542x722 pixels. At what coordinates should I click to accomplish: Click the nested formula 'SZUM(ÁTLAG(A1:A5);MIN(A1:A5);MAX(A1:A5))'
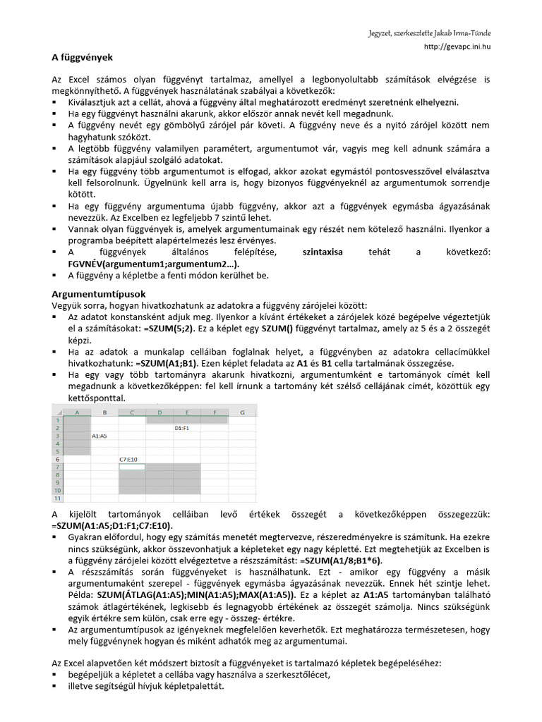tap(196, 594)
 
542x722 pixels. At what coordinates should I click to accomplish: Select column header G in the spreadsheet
tap(242, 412)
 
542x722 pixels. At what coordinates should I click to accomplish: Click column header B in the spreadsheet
tap(104, 412)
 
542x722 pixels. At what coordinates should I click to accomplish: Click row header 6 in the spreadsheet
tap(58, 458)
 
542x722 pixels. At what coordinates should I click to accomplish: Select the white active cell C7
tap(132, 467)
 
